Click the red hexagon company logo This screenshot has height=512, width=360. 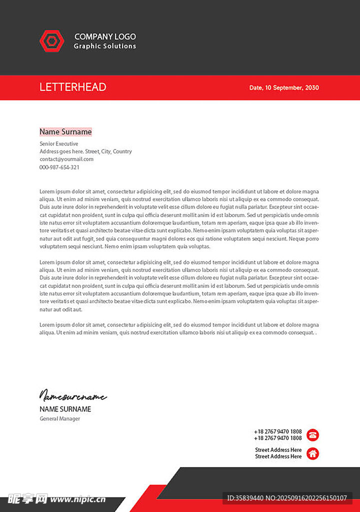(x=52, y=41)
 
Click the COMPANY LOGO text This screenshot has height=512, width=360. (x=105, y=36)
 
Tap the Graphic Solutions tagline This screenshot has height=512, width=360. (x=105, y=46)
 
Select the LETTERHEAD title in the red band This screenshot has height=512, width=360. (x=73, y=87)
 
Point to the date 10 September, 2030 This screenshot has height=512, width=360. (x=284, y=87)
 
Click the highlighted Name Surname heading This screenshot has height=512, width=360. (x=65, y=132)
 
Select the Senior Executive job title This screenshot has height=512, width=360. (x=59, y=144)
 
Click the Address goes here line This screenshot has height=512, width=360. (x=85, y=151)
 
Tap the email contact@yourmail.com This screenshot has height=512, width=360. (x=66, y=159)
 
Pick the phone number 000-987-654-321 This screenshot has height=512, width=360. (x=59, y=167)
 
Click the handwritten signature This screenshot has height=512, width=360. (x=73, y=396)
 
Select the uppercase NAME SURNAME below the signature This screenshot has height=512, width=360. (x=65, y=409)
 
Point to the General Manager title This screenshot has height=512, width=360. (x=60, y=418)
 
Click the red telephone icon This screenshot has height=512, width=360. (x=313, y=435)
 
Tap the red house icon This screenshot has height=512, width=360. (x=313, y=453)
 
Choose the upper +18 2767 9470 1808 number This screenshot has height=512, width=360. (x=278, y=431)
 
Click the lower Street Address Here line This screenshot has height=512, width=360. (x=278, y=456)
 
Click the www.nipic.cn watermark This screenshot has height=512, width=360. (x=78, y=499)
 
